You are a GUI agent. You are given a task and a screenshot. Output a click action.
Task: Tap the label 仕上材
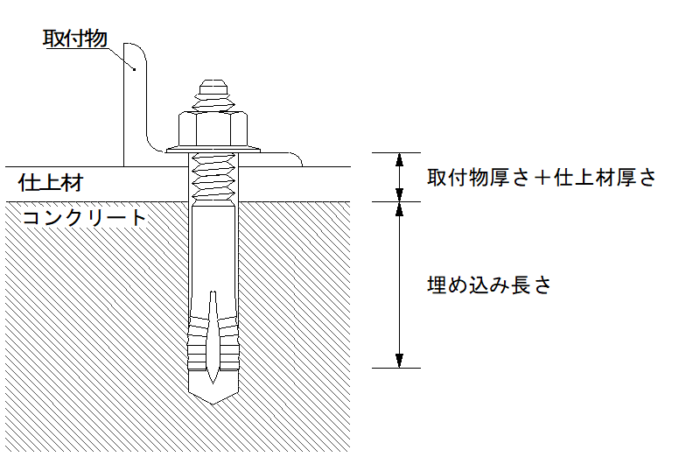[x=50, y=183]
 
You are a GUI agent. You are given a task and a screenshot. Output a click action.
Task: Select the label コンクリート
[x=85, y=217]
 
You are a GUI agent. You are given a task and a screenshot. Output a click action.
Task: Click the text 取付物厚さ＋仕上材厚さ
[x=541, y=178]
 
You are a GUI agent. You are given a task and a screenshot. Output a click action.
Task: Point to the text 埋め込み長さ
[x=488, y=285]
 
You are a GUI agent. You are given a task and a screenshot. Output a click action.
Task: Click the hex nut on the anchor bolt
[x=213, y=129]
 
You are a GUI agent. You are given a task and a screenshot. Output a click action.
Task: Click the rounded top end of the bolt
[x=213, y=87]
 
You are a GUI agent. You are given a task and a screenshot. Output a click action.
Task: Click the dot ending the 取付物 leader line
[x=134, y=68]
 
